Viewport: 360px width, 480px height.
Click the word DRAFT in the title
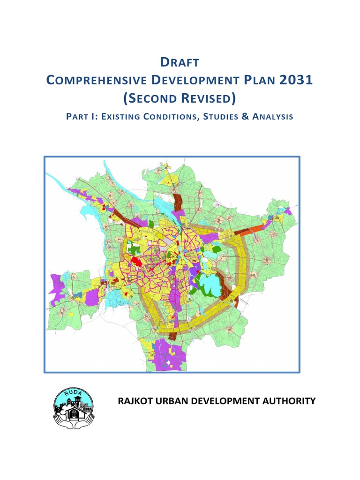pos(180,62)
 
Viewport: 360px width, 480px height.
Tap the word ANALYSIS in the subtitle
pos(273,117)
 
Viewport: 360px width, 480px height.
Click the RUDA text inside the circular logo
pos(73,393)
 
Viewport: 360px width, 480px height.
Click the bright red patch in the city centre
pos(136,261)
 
